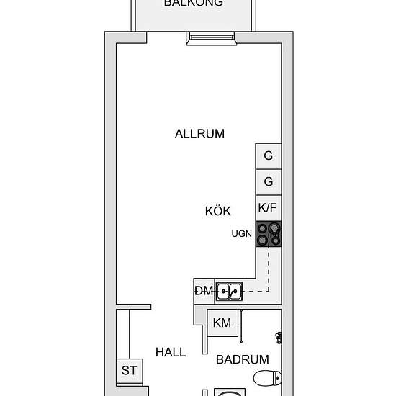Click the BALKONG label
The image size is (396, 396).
[x=193, y=3]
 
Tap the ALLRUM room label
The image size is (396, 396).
[x=199, y=133]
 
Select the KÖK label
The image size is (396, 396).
[x=217, y=211]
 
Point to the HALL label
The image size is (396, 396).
[x=171, y=352]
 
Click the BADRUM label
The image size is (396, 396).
[x=242, y=359]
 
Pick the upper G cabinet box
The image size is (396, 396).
[x=268, y=156]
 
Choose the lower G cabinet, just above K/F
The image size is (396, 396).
[x=268, y=181]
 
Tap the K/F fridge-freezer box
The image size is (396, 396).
[x=268, y=208]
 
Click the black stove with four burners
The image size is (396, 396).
[x=268, y=234]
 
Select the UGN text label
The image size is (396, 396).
[x=241, y=234]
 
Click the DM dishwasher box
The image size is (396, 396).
[x=203, y=291]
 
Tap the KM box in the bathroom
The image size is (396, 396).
[x=222, y=323]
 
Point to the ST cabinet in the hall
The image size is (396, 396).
[x=130, y=372]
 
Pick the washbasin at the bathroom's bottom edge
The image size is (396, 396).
[x=229, y=392]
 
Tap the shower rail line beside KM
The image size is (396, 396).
[x=241, y=328]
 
